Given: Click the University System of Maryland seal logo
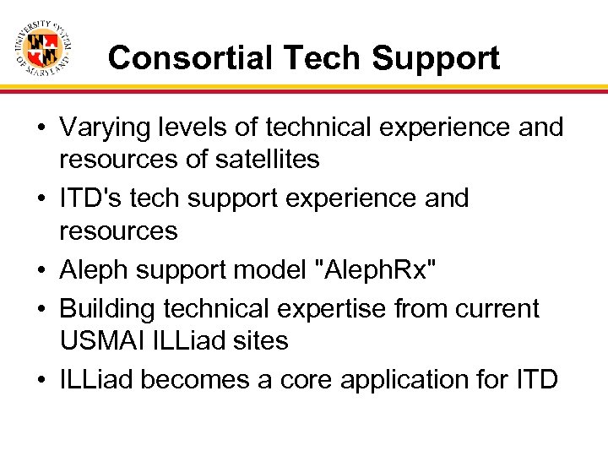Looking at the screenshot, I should pos(42,46).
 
